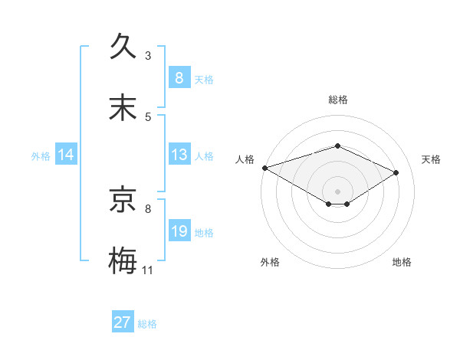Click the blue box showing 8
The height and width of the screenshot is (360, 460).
179,78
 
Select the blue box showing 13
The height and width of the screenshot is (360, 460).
179,155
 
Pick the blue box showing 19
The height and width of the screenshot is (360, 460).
179,231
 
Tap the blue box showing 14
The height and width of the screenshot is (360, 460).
66,155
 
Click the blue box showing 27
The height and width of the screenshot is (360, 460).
123,322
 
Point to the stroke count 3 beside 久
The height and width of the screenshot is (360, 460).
148,56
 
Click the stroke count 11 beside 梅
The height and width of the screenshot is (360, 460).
148,270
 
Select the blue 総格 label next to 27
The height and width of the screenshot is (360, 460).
147,324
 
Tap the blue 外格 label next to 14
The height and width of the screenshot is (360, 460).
41,156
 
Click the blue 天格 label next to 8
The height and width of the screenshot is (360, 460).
204,80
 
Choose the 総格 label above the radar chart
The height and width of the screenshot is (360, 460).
338,100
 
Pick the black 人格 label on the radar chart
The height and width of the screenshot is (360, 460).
245,159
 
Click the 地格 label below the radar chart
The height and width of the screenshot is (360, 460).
402,262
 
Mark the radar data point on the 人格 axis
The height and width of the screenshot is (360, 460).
264,167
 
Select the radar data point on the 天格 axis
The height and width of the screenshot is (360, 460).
396,172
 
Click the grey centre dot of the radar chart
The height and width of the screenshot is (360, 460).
337,191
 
